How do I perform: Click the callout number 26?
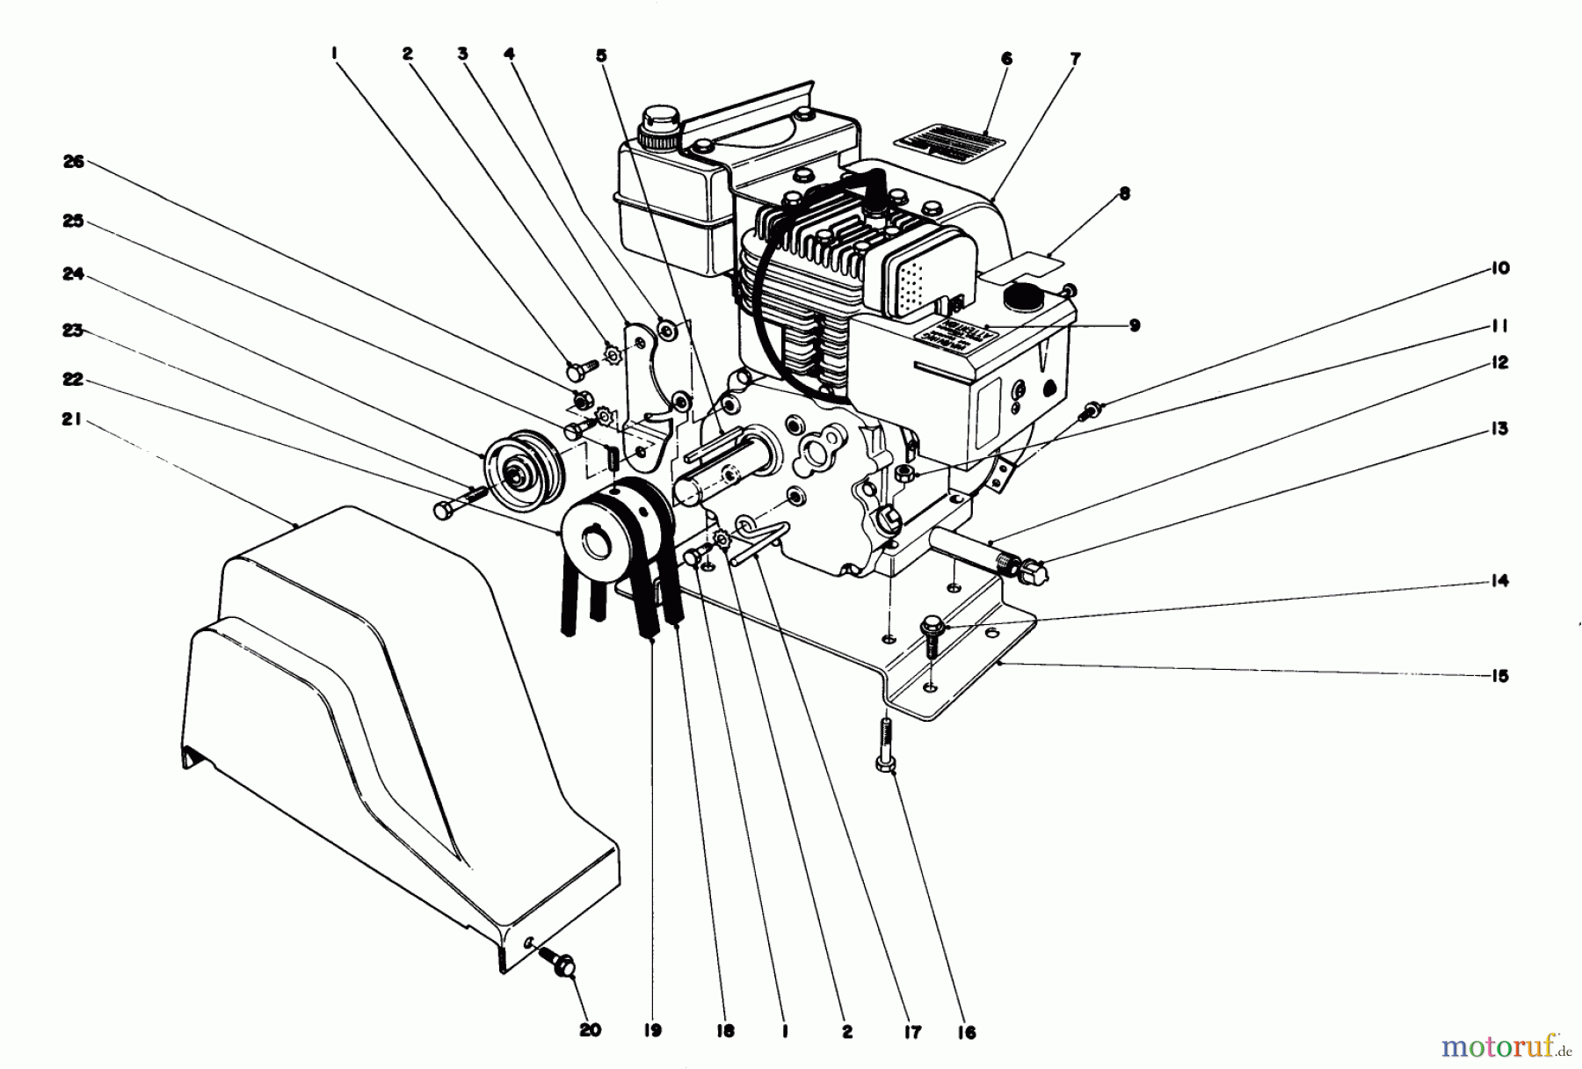[x=74, y=162]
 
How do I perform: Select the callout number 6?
[x=1006, y=59]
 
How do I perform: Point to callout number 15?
[x=1499, y=676]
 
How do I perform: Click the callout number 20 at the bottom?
[x=590, y=1030]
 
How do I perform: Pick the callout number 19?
[x=651, y=1030]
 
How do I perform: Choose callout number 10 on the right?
[x=1500, y=267]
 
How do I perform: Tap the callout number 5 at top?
[x=600, y=55]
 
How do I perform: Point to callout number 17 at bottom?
[x=912, y=1032]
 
